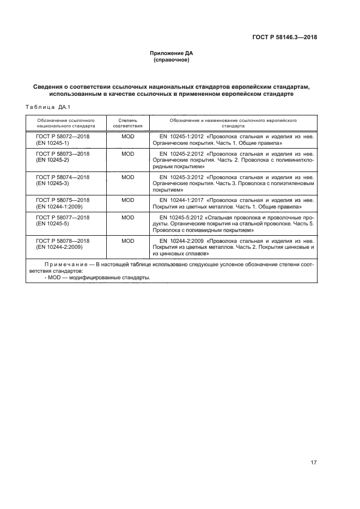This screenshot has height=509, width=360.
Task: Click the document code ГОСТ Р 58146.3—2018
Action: click(x=285, y=38)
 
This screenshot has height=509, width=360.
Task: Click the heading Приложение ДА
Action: click(x=172, y=53)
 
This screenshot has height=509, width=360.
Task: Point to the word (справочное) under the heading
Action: click(x=172, y=60)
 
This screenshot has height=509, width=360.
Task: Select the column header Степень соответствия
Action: click(x=127, y=122)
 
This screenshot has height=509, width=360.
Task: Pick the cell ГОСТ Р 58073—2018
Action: click(x=63, y=154)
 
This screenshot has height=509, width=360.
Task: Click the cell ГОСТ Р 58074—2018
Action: click(x=63, y=177)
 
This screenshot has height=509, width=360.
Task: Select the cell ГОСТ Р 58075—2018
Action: click(x=63, y=200)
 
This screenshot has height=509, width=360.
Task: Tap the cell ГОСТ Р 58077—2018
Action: click(x=63, y=217)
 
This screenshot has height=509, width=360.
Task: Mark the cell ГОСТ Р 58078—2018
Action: click(x=63, y=241)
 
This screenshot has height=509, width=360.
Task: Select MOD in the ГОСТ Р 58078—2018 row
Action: click(x=127, y=241)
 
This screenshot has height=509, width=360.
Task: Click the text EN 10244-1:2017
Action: click(x=181, y=200)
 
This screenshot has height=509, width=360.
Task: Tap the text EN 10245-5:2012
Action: click(x=181, y=217)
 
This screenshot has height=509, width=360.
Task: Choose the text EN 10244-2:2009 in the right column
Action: click(x=181, y=241)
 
